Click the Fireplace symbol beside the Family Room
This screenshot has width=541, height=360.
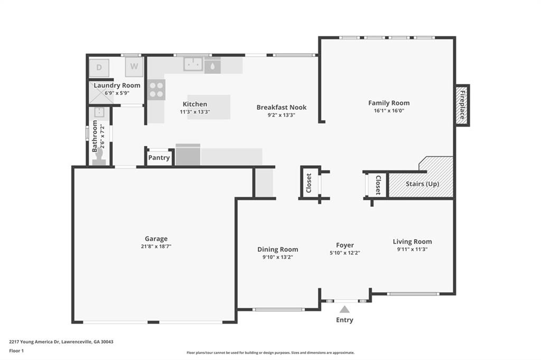462,105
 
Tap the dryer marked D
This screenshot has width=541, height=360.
99,68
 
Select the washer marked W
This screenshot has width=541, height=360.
134,67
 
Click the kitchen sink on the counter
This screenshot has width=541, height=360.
193,64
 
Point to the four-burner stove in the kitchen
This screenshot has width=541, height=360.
156,89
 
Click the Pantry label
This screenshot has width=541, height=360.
159,158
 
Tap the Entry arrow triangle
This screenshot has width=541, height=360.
344,309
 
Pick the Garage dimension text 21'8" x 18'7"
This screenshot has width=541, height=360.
156,247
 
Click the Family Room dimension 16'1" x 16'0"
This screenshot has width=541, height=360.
389,111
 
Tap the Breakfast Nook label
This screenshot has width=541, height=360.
281,107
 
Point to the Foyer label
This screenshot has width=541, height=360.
345,245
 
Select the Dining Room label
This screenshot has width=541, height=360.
277,249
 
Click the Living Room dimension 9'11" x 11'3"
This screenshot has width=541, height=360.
412,249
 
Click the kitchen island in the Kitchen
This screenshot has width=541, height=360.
209,107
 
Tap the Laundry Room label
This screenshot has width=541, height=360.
117,86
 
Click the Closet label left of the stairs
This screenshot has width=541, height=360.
378,185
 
